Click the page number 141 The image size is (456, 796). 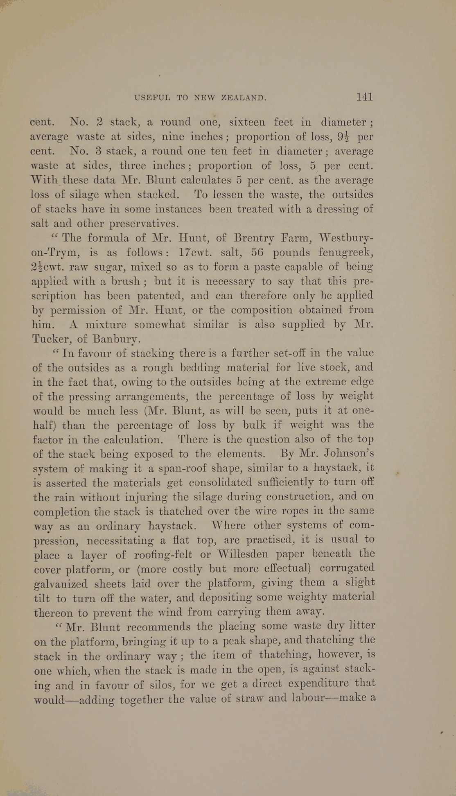pyautogui.click(x=364, y=97)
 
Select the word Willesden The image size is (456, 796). pyautogui.click(x=242, y=554)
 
